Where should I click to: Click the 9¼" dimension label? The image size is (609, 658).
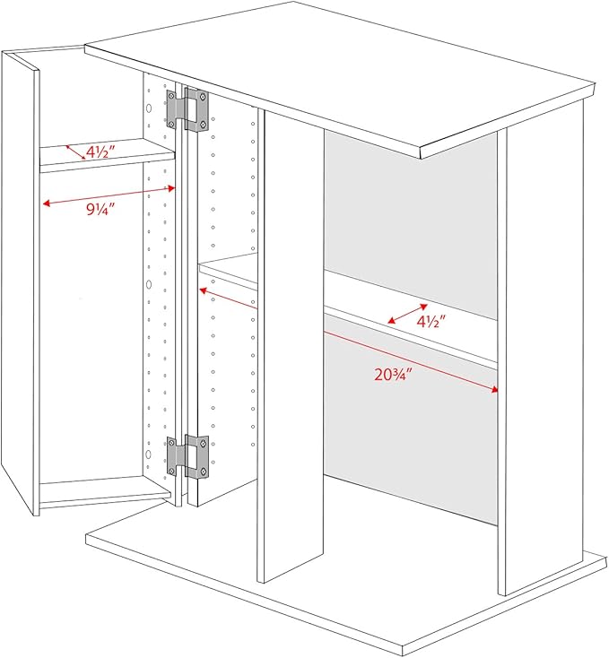100,209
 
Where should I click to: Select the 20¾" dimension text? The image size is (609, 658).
392,374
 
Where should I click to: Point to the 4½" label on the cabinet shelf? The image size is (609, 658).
431,322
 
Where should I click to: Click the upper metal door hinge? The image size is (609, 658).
187,110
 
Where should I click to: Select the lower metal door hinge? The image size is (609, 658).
187,456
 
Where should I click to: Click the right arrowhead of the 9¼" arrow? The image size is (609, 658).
171,188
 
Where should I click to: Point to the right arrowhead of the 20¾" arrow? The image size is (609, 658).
495,390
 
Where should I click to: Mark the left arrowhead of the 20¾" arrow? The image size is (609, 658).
203,290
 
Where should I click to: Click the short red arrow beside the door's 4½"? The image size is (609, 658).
75,152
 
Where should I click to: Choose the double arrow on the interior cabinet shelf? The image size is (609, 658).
407,314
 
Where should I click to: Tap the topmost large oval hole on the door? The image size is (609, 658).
149,108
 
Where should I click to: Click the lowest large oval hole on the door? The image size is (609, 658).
148,454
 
